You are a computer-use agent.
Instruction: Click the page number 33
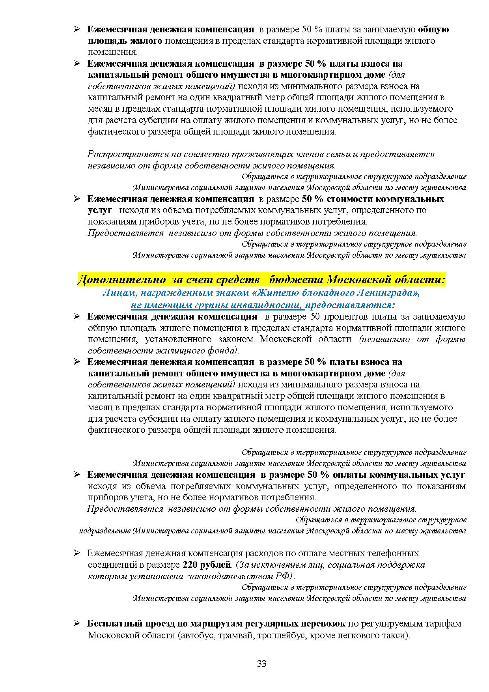(261, 663)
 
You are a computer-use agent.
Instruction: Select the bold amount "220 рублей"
(206, 565)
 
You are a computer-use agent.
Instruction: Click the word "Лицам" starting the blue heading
(115, 293)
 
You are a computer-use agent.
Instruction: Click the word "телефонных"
(396, 553)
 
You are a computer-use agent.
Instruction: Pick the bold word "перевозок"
(323, 624)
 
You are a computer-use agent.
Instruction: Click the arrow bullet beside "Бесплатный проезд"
(77, 624)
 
